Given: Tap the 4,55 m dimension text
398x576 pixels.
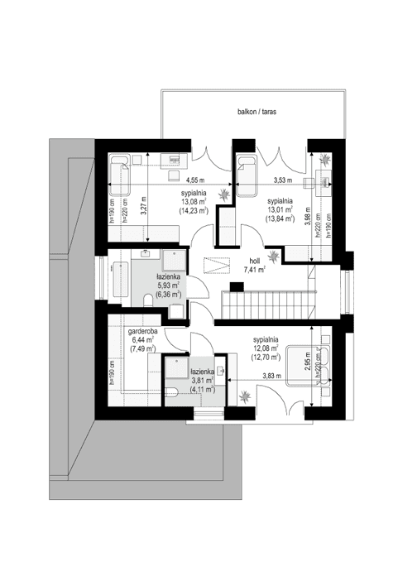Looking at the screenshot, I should coord(194,180).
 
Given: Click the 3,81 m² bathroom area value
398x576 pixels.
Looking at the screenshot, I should coord(203,382).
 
